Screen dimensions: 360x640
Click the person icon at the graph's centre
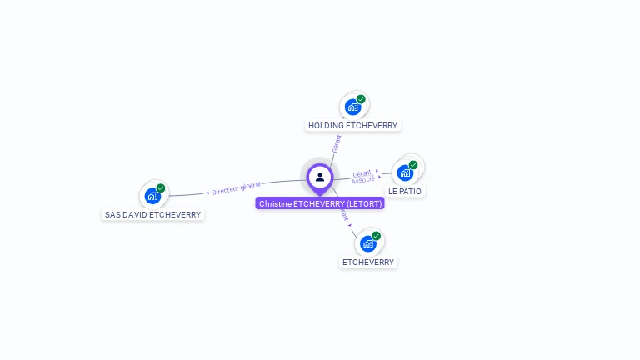[320, 177]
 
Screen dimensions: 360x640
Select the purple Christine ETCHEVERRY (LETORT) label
[320, 203]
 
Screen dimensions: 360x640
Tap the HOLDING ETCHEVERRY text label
[352, 126]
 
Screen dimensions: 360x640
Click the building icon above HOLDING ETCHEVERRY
[353, 107]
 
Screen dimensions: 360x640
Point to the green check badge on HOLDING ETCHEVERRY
[361, 99]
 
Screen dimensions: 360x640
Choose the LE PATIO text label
[405, 192]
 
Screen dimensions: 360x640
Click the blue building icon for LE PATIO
[405, 173]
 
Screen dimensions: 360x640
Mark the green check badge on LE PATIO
[413, 165]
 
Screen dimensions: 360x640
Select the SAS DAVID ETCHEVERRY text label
[152, 214]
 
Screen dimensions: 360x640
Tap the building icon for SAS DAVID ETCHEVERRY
[152, 196]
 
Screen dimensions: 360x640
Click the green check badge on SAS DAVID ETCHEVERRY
[161, 188]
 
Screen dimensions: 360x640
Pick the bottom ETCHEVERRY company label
[368, 262]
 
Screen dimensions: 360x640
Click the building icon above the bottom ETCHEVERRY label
[367, 243]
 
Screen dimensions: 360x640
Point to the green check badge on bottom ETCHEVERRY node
[376, 236]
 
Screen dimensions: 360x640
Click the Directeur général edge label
[236, 188]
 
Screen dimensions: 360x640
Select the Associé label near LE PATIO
[362, 180]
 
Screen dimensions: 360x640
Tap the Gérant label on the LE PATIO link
[362, 172]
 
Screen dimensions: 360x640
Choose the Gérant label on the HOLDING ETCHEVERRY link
[336, 143]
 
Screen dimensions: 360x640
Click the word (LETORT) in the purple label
[363, 203]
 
